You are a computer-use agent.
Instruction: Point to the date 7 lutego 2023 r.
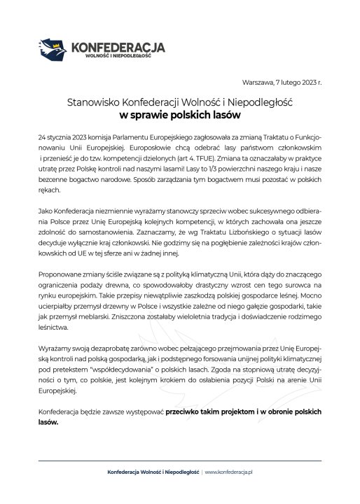pyautogui.click(x=300, y=83)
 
